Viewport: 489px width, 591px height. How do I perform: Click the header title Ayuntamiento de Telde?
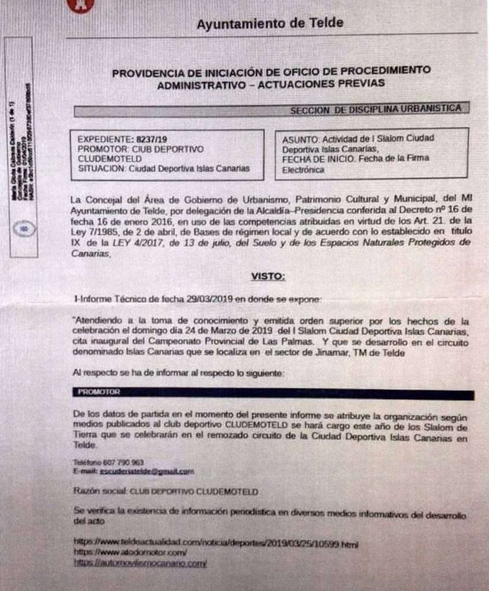pos(270,24)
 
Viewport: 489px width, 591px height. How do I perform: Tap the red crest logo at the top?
pos(80,5)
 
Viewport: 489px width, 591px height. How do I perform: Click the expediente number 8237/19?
pos(150,139)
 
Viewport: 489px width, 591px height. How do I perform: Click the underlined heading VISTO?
pos(267,276)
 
